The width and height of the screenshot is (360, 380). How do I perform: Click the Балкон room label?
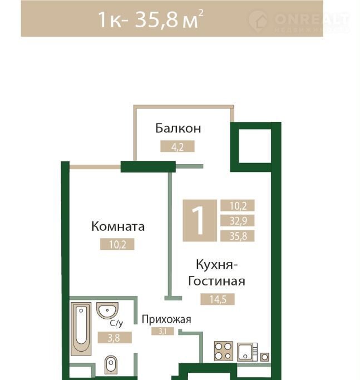click(x=178, y=128)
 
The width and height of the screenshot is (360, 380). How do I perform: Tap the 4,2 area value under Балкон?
click(x=177, y=146)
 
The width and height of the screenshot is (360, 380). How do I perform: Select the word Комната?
click(x=118, y=226)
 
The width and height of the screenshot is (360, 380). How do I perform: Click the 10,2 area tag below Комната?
click(x=117, y=244)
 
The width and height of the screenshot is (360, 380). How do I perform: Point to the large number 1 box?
click(x=200, y=220)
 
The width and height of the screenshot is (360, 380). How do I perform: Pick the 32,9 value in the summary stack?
click(x=238, y=220)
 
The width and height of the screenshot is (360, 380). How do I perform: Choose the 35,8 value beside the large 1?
click(x=238, y=236)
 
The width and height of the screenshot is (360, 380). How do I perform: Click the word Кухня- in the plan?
click(x=216, y=264)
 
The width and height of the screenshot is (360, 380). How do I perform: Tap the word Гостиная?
click(x=216, y=281)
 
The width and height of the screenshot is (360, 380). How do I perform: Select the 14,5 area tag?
click(x=218, y=299)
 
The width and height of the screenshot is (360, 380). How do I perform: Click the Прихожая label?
click(x=166, y=320)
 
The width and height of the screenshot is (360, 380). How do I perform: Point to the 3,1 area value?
click(x=162, y=331)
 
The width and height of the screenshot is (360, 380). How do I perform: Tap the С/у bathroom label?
click(x=116, y=323)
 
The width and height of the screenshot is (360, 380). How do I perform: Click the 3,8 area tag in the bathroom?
click(x=115, y=338)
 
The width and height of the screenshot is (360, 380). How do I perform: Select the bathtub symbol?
click(x=81, y=329)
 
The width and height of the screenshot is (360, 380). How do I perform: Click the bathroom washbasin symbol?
click(x=107, y=310)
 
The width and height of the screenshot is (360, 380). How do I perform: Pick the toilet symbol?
click(x=111, y=365)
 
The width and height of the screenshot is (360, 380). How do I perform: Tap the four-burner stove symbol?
click(x=224, y=351)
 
